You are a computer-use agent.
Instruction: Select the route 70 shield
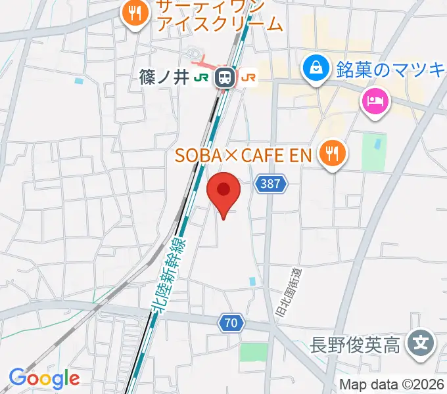pyautogui.click(x=231, y=322)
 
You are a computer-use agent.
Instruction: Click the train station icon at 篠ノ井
pyautogui.click(x=225, y=77)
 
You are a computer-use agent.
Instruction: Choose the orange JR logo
pyautogui.click(x=248, y=77)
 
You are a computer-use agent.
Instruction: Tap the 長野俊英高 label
pyautogui.click(x=355, y=344)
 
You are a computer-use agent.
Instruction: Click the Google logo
pyautogui.click(x=44, y=378)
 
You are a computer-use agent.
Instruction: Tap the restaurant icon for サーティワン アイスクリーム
pyautogui.click(x=135, y=13)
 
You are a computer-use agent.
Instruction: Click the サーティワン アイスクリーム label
pyautogui.click(x=220, y=16)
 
